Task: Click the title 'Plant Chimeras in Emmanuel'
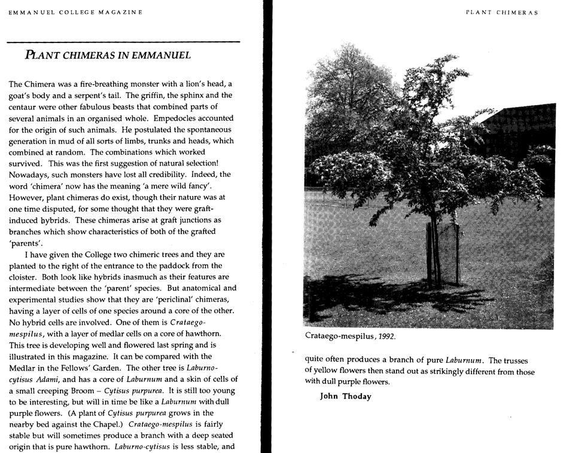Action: point(108,56)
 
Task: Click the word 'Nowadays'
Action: point(28,175)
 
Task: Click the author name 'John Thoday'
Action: point(346,396)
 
